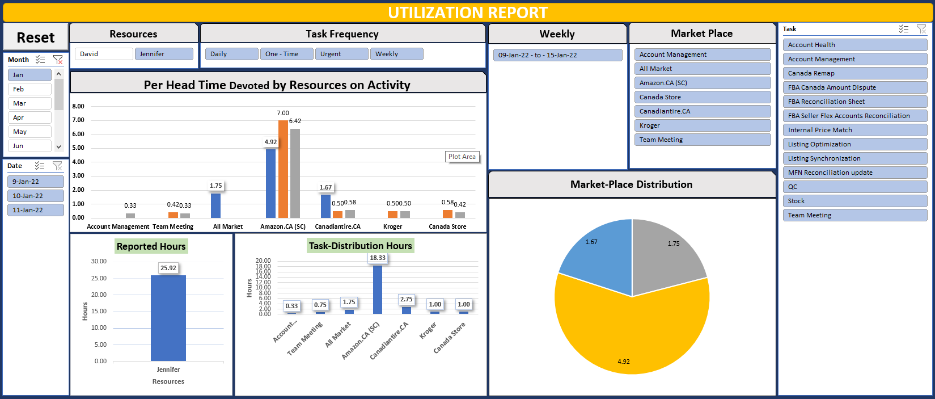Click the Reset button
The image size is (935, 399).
coord(36,37)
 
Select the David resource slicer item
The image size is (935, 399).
coord(103,54)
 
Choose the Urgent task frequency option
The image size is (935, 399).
coord(341,54)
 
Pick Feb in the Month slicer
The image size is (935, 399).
coord(29,89)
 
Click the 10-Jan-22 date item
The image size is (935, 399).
coord(35,196)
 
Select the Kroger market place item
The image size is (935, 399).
coord(702,125)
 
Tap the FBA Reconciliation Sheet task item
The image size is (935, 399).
coord(854,102)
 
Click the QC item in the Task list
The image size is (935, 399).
coord(854,187)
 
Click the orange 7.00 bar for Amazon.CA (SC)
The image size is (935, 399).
coord(283,169)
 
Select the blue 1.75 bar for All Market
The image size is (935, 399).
coord(215,205)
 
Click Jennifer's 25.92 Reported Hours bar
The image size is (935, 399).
coord(168,318)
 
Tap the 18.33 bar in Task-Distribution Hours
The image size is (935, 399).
coord(378,289)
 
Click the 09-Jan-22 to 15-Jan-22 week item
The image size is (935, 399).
coord(557,55)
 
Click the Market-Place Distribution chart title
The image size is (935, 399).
coord(631,184)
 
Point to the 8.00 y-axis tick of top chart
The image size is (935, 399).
coord(78,106)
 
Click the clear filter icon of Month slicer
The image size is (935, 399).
coord(58,59)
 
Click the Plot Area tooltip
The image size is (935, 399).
coord(462,157)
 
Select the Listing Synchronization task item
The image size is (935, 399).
coord(854,158)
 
